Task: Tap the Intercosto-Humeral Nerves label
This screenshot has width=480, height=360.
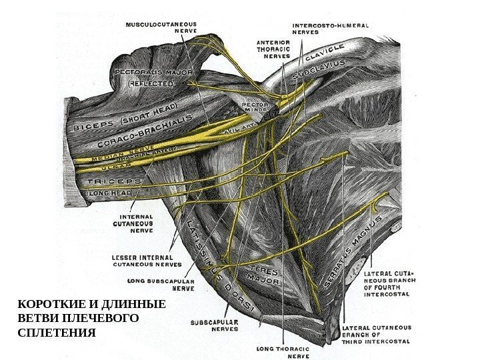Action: pos(331,29)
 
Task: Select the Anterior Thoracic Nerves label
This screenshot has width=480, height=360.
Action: pos(273,48)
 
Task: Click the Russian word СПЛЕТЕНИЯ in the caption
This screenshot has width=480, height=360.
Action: pos(57,332)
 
